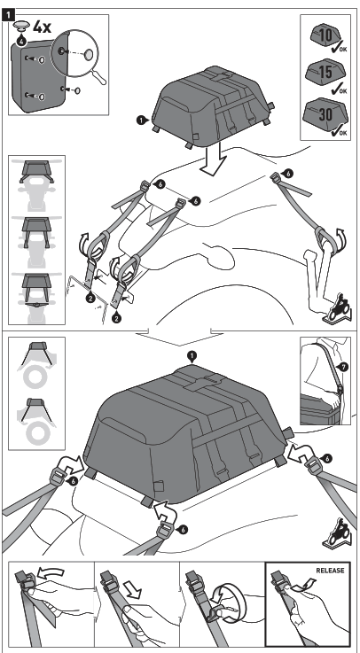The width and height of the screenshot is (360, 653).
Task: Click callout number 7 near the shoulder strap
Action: (x=346, y=365)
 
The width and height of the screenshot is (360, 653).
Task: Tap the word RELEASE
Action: (x=333, y=571)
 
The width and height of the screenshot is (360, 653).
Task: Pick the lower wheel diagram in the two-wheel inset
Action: (x=35, y=421)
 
